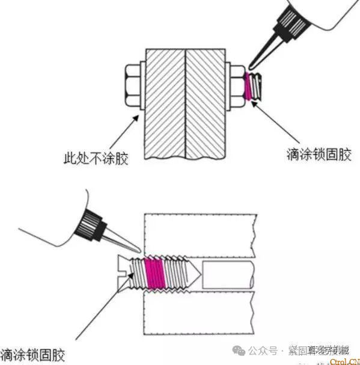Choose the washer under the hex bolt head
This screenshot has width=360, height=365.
(142, 85)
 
